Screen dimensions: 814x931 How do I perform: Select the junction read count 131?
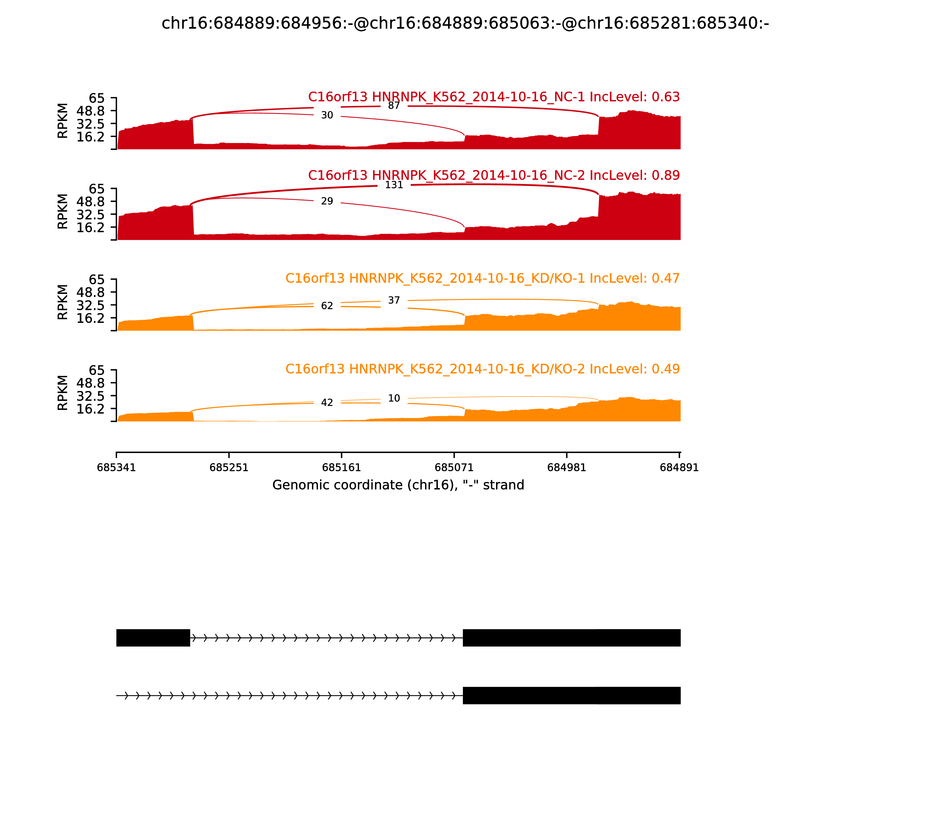pyautogui.click(x=394, y=185)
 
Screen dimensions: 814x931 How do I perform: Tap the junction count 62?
pyautogui.click(x=327, y=306)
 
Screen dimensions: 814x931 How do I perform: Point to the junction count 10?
pyautogui.click(x=394, y=398)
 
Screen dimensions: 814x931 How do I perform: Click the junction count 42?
pyautogui.click(x=327, y=402)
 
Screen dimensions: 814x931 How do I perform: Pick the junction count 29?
pyautogui.click(x=327, y=201)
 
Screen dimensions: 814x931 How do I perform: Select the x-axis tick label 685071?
pyautogui.click(x=454, y=468)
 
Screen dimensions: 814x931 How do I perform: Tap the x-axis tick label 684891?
pyautogui.click(x=679, y=468)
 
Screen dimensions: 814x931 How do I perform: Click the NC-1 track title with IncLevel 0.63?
pyautogui.click(x=494, y=97)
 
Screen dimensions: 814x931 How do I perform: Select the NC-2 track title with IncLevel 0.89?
pyautogui.click(x=494, y=175)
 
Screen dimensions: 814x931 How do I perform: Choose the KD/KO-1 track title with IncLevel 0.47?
pyautogui.click(x=482, y=279)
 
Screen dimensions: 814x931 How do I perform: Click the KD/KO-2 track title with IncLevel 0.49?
pyautogui.click(x=482, y=369)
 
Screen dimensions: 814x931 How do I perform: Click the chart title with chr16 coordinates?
pyautogui.click(x=465, y=23)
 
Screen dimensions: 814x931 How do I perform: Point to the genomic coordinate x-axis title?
pyautogui.click(x=398, y=485)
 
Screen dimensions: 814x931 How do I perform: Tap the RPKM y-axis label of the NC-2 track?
pyautogui.click(x=63, y=212)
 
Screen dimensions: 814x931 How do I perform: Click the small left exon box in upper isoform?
pyautogui.click(x=153, y=638)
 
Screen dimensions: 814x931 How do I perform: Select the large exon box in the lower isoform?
pyautogui.click(x=571, y=695)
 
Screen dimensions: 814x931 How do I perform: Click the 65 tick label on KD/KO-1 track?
pyautogui.click(x=96, y=279)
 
